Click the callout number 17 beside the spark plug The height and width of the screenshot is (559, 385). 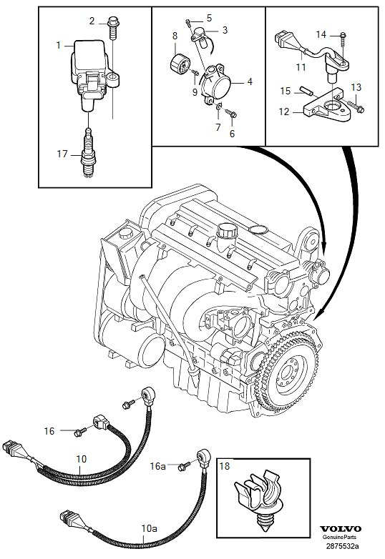[62, 152]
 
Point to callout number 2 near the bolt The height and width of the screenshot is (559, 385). [92, 21]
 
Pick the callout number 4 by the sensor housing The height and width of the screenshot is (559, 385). [250, 82]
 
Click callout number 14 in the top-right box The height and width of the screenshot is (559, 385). [321, 34]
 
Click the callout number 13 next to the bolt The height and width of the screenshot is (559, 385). [356, 87]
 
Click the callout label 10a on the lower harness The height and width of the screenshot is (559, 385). [148, 530]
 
